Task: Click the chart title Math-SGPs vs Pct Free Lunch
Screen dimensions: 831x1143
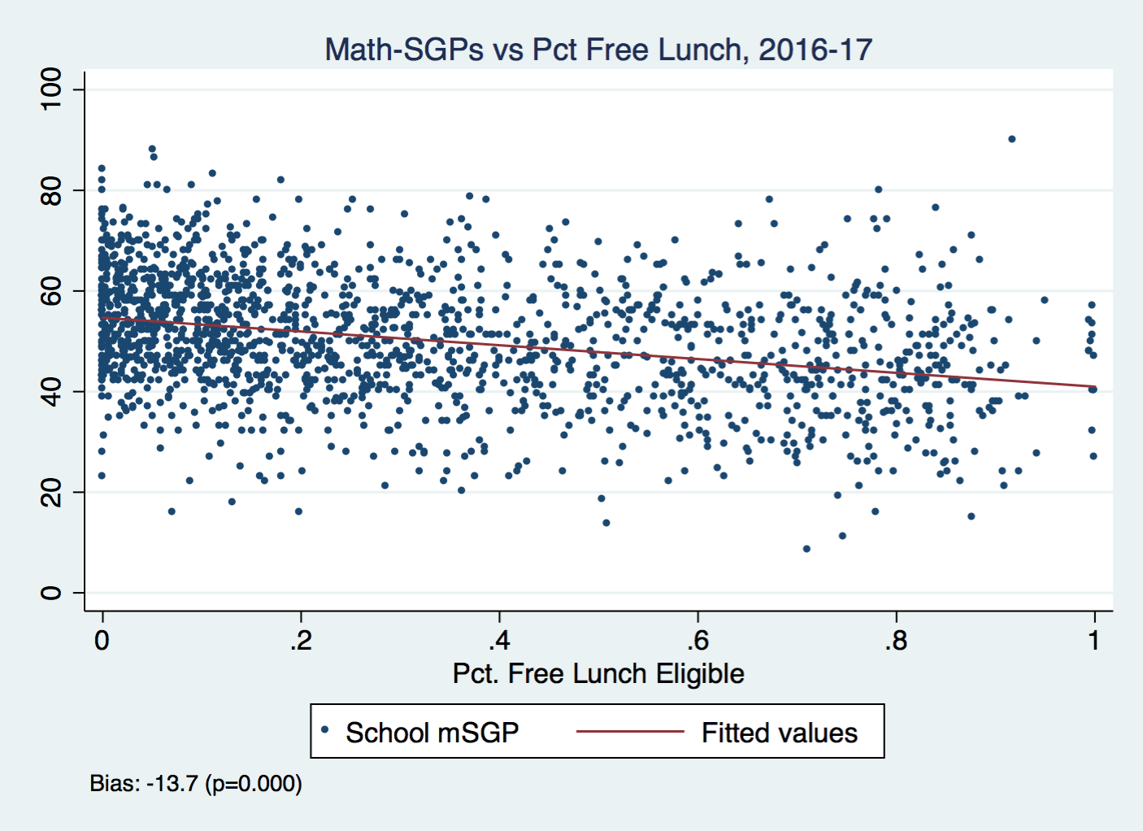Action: [x=598, y=50]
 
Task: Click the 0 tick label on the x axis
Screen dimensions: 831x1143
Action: [x=102, y=641]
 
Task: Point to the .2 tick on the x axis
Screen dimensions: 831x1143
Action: [x=300, y=641]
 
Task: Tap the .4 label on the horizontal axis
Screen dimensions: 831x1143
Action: [x=498, y=641]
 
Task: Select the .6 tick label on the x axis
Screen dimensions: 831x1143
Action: [x=697, y=641]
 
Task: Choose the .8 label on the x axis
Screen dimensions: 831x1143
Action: [x=895, y=641]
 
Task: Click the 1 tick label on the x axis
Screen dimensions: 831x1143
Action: [x=1094, y=641]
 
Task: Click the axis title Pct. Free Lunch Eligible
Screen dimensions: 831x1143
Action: [x=598, y=674]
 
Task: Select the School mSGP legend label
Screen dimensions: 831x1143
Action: [x=432, y=733]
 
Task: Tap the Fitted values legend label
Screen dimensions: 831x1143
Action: [x=779, y=733]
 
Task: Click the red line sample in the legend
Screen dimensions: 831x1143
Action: [x=630, y=732]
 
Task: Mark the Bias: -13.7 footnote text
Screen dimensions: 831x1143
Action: [x=196, y=784]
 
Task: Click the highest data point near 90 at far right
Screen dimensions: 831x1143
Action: [x=1011, y=139]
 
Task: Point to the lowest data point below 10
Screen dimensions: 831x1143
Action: [x=806, y=549]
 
